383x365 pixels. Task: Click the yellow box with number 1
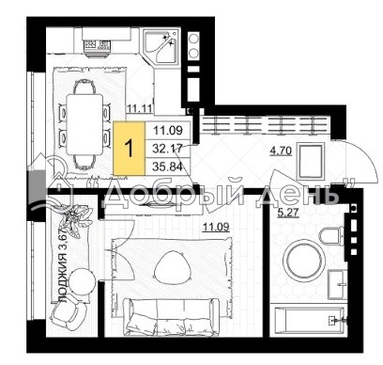(130, 149)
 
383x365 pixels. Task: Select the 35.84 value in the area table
(167, 167)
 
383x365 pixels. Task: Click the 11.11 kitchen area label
(140, 109)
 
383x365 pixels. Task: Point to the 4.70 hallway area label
(281, 151)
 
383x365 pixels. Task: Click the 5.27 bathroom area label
(288, 213)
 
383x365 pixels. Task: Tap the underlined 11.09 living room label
(216, 227)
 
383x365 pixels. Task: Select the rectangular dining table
(84, 124)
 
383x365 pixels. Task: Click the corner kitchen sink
(161, 46)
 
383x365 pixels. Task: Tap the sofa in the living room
(171, 317)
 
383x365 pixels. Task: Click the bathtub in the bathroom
(309, 321)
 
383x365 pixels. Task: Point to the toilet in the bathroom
(331, 236)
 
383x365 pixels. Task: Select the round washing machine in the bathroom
(304, 261)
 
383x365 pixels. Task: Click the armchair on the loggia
(68, 312)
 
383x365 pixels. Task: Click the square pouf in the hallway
(311, 162)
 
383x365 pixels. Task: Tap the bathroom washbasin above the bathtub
(337, 284)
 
